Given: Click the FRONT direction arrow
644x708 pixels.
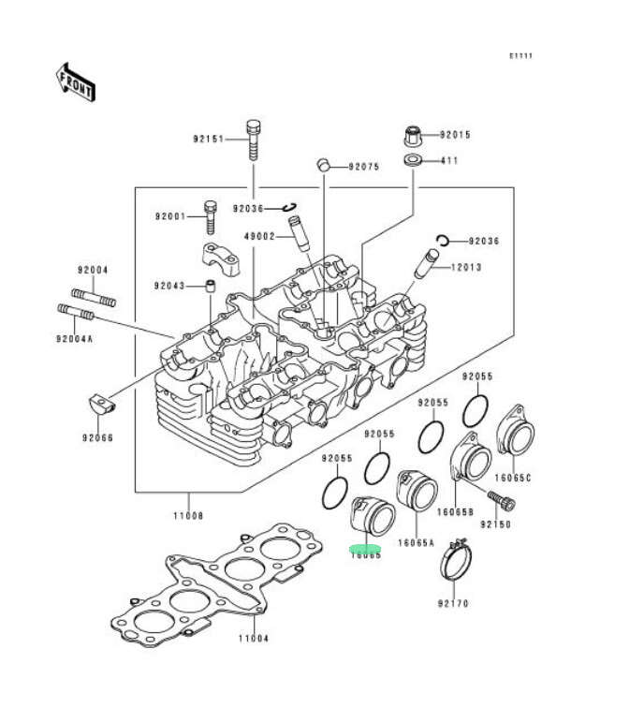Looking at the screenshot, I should [x=75, y=81].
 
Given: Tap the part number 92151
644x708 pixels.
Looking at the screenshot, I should [x=210, y=140].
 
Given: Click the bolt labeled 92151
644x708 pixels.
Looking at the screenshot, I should [x=252, y=140].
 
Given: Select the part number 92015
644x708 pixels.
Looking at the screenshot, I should [x=455, y=135].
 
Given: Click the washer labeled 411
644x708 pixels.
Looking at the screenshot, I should [x=412, y=161].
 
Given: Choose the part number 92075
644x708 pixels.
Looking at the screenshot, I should [x=363, y=167].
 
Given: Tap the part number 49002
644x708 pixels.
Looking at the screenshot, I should [x=259, y=236].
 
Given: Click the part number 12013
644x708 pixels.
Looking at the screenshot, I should [x=465, y=267].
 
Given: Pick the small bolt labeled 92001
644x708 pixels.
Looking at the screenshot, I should [x=210, y=215].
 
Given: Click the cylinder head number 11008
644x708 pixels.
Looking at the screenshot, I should [x=188, y=515].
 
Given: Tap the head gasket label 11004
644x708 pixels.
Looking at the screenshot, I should [x=253, y=639].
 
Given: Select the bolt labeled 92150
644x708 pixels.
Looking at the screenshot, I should [x=503, y=502].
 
